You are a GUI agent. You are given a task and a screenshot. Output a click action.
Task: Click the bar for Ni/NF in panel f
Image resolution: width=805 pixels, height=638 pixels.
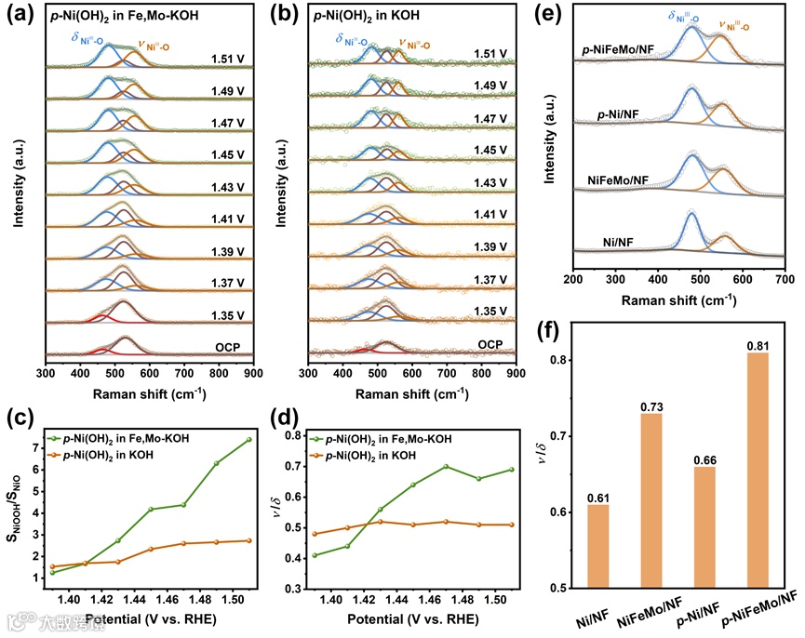point(598,546)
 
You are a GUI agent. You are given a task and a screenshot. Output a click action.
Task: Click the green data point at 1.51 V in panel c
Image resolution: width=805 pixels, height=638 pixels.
point(249,440)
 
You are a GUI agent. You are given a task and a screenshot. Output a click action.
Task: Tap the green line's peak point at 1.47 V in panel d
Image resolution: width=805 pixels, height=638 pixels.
point(445,466)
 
